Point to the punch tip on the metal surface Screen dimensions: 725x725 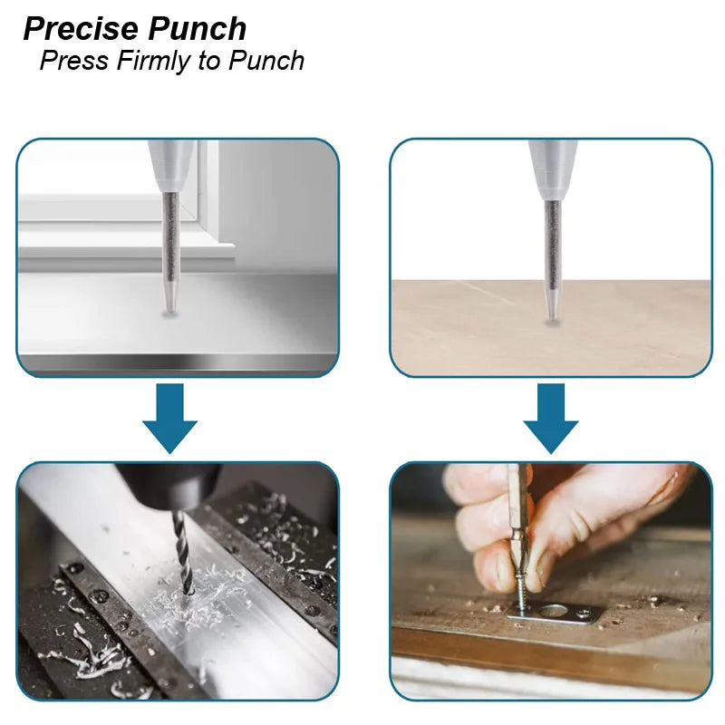[169, 307]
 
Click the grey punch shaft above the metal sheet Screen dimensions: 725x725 [169, 245]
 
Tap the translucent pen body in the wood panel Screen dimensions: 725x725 [552, 168]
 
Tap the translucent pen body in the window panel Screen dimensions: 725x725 [171, 163]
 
